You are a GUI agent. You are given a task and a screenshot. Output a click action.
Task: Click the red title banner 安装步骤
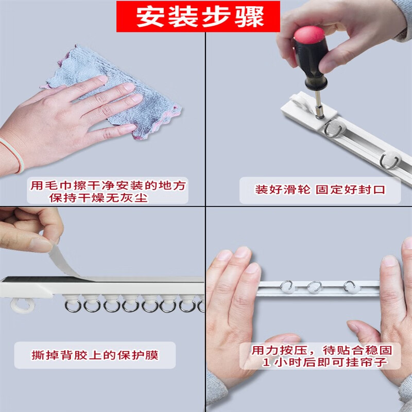[198, 16]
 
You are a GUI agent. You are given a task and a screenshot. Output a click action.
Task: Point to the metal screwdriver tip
[319, 105]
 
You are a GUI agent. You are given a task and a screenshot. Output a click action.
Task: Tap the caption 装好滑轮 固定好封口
[320, 190]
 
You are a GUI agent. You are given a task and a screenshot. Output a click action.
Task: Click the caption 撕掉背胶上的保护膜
[95, 355]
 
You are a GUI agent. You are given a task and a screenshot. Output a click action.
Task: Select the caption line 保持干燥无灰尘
[98, 198]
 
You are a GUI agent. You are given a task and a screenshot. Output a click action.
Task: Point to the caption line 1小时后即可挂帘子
[325, 363]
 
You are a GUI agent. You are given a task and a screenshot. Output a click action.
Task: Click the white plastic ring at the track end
[22, 305]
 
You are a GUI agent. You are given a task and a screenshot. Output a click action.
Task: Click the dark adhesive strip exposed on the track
[42, 279]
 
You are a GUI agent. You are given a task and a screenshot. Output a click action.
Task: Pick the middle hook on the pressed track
[314, 287]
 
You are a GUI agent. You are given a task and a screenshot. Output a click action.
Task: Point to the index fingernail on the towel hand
[103, 79]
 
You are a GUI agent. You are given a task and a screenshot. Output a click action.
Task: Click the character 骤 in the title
[249, 16]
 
